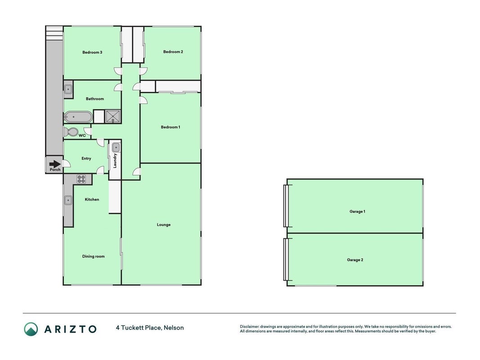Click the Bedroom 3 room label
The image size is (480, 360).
[x=92, y=52]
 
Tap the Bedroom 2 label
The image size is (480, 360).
[x=173, y=52]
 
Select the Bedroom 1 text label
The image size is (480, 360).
[x=170, y=127]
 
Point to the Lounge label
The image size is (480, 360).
[x=163, y=225]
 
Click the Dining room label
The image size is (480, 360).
[x=94, y=256]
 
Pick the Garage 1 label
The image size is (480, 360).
[x=357, y=211]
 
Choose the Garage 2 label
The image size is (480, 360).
[x=355, y=260]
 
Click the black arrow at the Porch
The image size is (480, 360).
[x=55, y=164]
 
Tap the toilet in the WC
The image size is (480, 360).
[x=71, y=132]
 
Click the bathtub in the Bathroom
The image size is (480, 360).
[x=78, y=117]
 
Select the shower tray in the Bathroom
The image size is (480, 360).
[x=113, y=117]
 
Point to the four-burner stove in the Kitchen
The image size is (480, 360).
[x=81, y=179]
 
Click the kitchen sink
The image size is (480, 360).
[x=68, y=201]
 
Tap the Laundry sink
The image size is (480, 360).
[x=116, y=148]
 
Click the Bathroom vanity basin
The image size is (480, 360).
[x=68, y=89]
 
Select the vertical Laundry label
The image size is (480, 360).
[x=115, y=161]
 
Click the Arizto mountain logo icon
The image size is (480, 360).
[x=31, y=329]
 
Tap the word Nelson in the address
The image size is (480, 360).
[x=174, y=328]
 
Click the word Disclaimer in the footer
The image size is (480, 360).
[x=249, y=327]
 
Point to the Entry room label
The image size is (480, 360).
[x=86, y=158]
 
